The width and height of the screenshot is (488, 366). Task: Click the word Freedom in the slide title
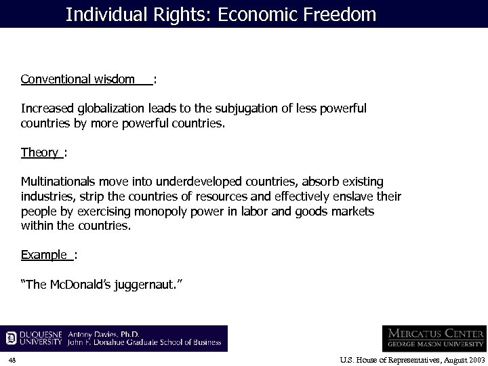(x=341, y=14)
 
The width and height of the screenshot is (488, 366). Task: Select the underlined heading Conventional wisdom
(x=77, y=80)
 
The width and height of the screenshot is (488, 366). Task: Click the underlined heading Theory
(x=39, y=152)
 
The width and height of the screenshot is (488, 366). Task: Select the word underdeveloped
(x=197, y=182)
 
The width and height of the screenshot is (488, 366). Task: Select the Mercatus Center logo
(x=434, y=337)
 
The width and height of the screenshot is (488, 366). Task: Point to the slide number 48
(x=12, y=359)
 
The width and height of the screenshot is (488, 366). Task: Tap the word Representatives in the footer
(x=401, y=359)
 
